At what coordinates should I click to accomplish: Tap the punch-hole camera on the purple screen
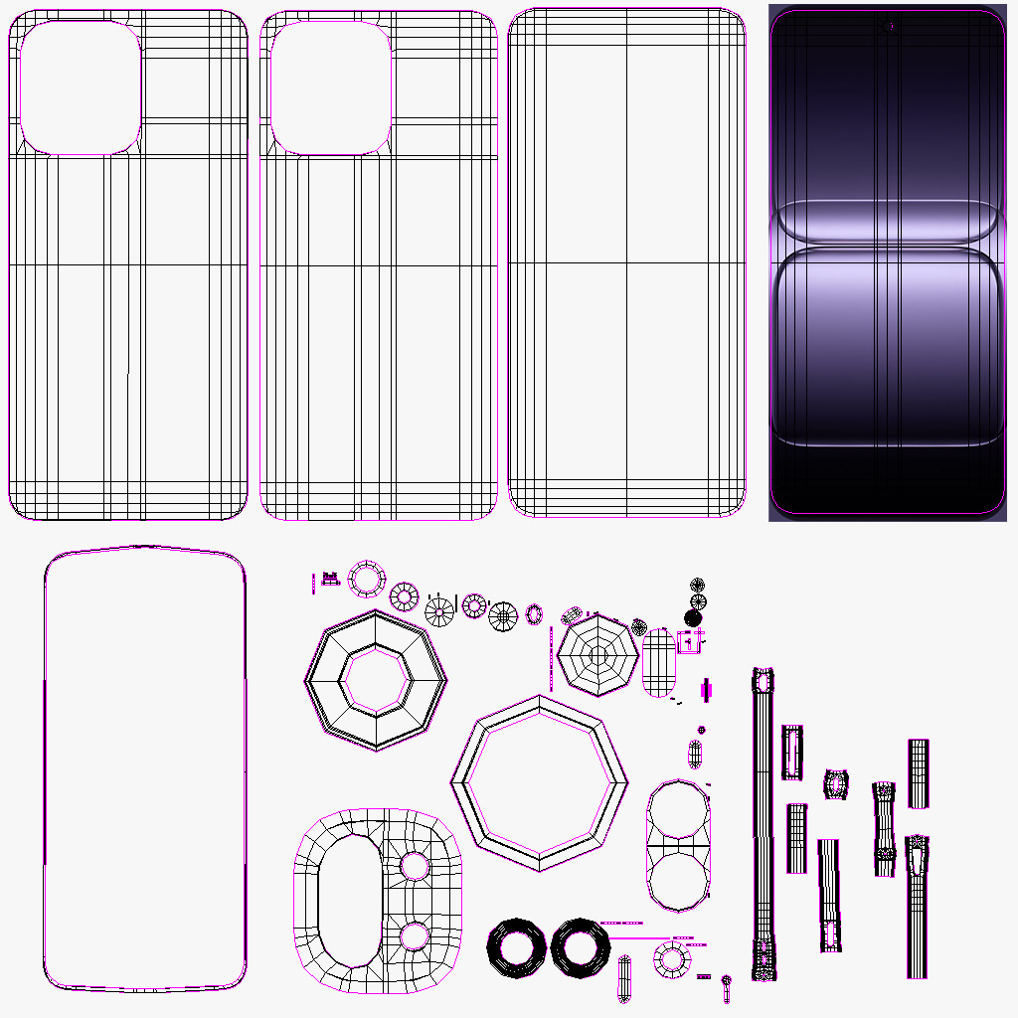pos(887,26)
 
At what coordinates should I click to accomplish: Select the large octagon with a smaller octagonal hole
pos(375,679)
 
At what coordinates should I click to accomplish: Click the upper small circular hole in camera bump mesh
pos(414,866)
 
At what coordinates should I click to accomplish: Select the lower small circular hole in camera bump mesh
pos(414,935)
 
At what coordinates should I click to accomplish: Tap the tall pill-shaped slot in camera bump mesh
pos(349,901)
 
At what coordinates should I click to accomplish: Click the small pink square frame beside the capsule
pos(690,642)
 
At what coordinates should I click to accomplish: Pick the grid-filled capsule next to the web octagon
pos(660,665)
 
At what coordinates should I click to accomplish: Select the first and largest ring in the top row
pos(367,579)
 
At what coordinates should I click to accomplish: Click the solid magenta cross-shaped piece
pos(707,688)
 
